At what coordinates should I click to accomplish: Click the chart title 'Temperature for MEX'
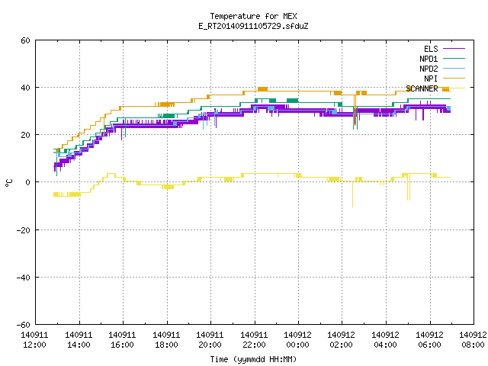coord(253,16)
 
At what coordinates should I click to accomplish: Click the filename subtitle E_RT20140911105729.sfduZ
coord(253,26)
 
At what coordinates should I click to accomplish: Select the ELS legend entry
coord(444,49)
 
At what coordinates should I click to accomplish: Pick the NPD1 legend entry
coord(442,59)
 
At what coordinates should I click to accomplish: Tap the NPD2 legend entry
coord(442,69)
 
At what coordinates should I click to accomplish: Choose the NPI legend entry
coord(444,79)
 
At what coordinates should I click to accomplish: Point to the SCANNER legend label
coord(422,88)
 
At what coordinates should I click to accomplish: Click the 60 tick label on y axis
coord(25,40)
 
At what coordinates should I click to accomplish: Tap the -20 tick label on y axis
coord(24,230)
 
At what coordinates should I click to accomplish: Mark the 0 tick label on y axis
coord(28,182)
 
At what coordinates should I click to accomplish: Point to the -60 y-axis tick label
coord(24,325)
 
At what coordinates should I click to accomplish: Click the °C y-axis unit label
coord(8,183)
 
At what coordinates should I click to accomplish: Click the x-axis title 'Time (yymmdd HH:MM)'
coord(253,359)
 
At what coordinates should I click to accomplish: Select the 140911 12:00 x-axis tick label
coord(34,340)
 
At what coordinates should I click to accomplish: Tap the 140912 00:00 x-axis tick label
coord(298,340)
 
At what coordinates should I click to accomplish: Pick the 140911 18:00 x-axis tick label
coord(166,340)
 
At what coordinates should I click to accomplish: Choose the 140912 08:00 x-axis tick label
coord(473,340)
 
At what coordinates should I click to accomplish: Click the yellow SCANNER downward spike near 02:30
coord(352,194)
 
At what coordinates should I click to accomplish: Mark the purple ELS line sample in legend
coord(454,49)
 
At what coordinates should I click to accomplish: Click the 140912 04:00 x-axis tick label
coord(385,340)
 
